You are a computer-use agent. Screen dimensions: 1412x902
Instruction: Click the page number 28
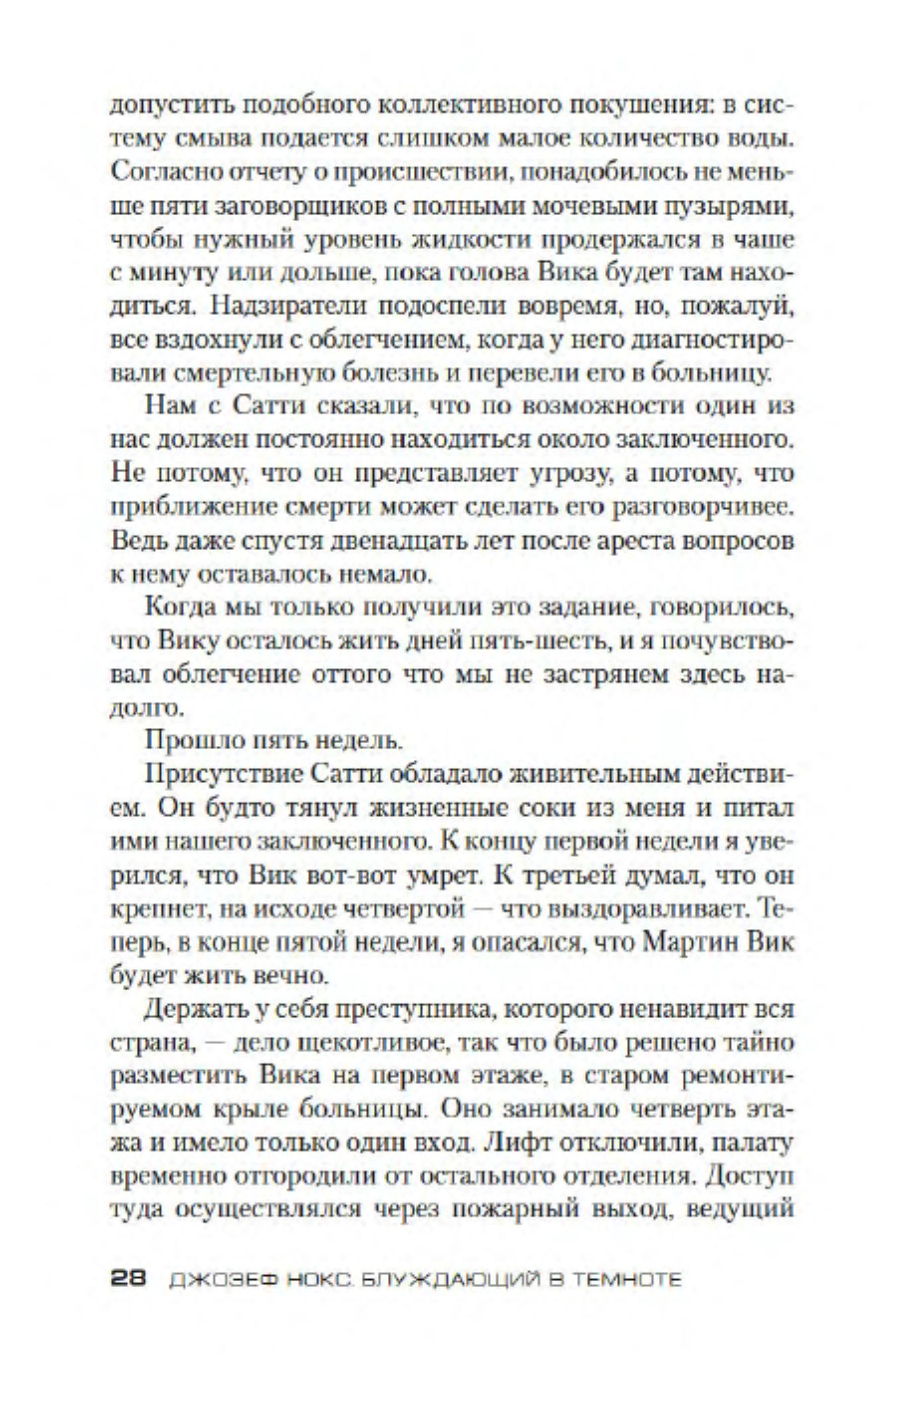click(128, 1280)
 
